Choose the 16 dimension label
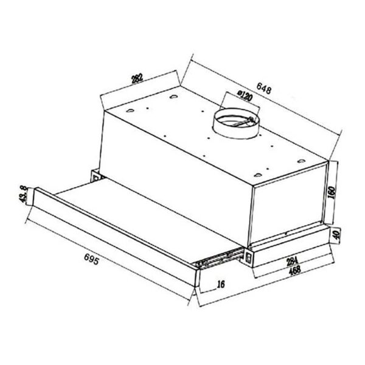(x=220, y=283)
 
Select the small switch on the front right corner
(x=249, y=260)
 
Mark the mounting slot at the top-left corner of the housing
(x=174, y=97)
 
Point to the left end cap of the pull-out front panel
(x=35, y=201)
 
